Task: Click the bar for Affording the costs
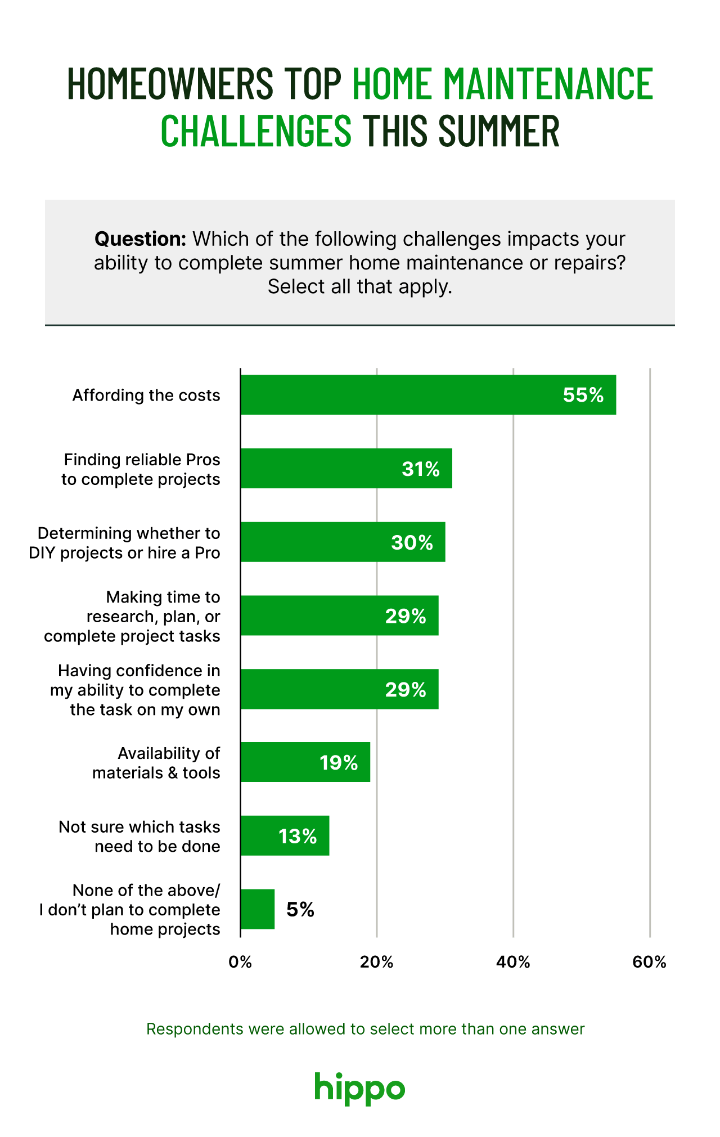[x=427, y=395]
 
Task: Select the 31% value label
[x=421, y=469]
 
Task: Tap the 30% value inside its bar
[x=412, y=542]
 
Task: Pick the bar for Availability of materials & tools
[x=305, y=762]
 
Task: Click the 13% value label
[x=298, y=836]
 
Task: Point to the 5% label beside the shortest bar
[x=300, y=910]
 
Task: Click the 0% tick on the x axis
[x=240, y=962]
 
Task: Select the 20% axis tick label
[x=376, y=962]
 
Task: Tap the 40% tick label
[x=513, y=962]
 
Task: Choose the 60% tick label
[x=649, y=962]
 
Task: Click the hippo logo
[x=359, y=1088]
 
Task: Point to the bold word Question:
[x=140, y=239]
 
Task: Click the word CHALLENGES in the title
[x=256, y=131]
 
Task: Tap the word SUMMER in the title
[x=498, y=131]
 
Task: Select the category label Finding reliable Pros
[x=141, y=460]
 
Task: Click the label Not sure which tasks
[x=139, y=827]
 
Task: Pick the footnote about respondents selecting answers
[x=365, y=1029]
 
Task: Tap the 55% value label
[x=583, y=395]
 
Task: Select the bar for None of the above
[x=258, y=909]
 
